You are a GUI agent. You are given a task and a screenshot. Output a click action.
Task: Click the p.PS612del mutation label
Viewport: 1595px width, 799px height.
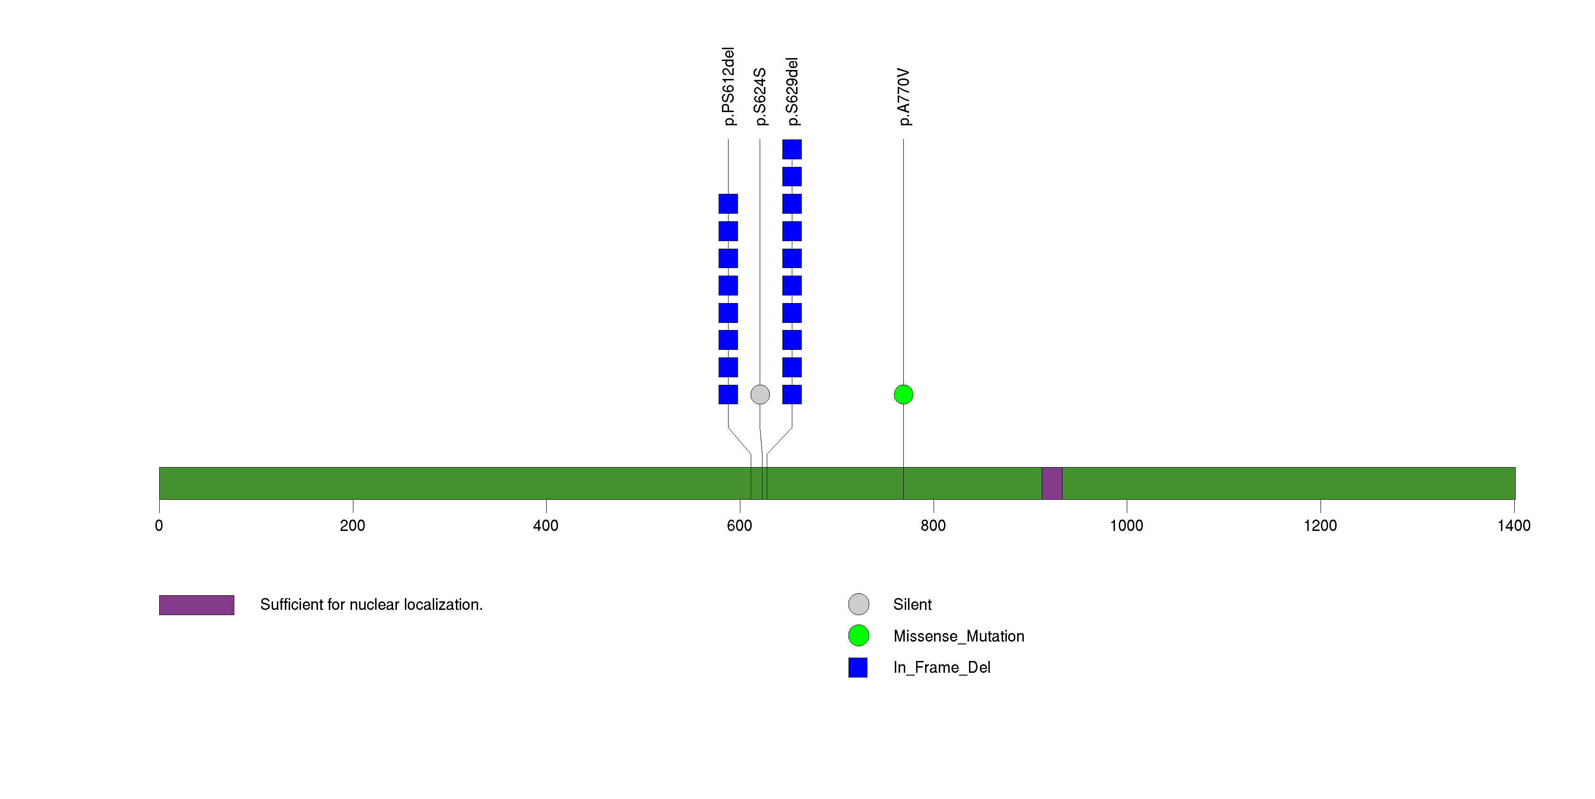coord(729,86)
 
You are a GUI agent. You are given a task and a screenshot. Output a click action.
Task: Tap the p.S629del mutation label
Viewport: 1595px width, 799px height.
coord(792,92)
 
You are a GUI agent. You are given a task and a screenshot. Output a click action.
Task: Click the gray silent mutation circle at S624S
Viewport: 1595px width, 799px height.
coord(760,395)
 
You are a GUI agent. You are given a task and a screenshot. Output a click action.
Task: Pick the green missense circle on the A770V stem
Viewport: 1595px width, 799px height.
coord(903,395)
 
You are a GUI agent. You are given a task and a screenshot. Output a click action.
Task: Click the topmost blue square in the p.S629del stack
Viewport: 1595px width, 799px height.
coord(792,149)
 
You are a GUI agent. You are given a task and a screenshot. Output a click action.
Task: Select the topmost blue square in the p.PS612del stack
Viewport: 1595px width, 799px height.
coord(728,204)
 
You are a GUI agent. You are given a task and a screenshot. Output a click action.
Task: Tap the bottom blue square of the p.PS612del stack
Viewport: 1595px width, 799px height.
coord(728,395)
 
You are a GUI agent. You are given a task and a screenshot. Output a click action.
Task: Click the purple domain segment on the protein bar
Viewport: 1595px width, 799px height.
coord(1052,483)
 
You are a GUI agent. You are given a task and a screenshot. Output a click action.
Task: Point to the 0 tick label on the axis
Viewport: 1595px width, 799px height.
coord(159,526)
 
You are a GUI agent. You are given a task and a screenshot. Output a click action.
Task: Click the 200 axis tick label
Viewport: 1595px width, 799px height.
coord(353,526)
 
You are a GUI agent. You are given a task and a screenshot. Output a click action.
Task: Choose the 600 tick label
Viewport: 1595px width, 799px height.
coord(740,526)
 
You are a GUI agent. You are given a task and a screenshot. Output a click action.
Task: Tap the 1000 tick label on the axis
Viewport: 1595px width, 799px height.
coord(1127,526)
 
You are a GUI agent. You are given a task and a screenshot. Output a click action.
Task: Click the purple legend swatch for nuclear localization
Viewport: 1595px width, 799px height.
coord(197,605)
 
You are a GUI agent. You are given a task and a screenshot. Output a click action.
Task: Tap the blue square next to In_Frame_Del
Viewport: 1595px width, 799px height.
coord(858,668)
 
